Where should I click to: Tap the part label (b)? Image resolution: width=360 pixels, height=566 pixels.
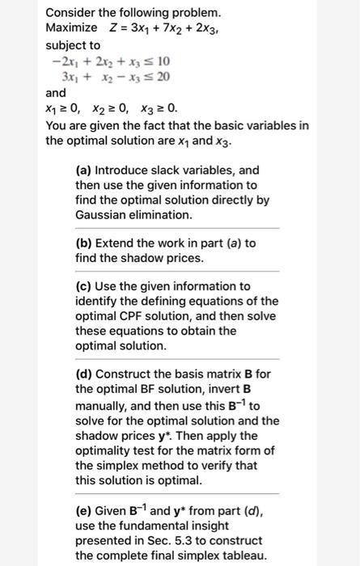click(83, 243)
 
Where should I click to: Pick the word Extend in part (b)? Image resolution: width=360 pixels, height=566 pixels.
click(115, 243)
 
